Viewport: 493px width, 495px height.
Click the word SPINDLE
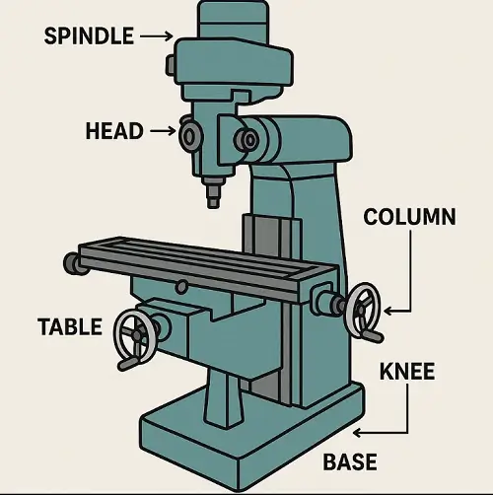pos(89,35)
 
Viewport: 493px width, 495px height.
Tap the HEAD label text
pos(114,131)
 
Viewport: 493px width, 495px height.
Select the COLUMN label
pos(409,217)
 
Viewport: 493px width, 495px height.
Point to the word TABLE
pos(70,326)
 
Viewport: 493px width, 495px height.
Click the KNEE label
pos(407,372)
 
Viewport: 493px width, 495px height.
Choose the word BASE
pos(350,461)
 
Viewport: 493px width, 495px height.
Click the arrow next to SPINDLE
pos(157,35)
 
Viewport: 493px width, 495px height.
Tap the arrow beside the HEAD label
pos(163,131)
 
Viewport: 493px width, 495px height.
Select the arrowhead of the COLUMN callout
pos(387,311)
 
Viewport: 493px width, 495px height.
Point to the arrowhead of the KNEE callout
pos(357,433)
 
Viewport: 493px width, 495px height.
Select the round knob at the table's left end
pos(72,264)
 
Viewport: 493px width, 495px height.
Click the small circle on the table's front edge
pos(181,286)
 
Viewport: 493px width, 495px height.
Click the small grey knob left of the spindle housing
pos(171,65)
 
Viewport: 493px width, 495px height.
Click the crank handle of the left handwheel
pos(128,364)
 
